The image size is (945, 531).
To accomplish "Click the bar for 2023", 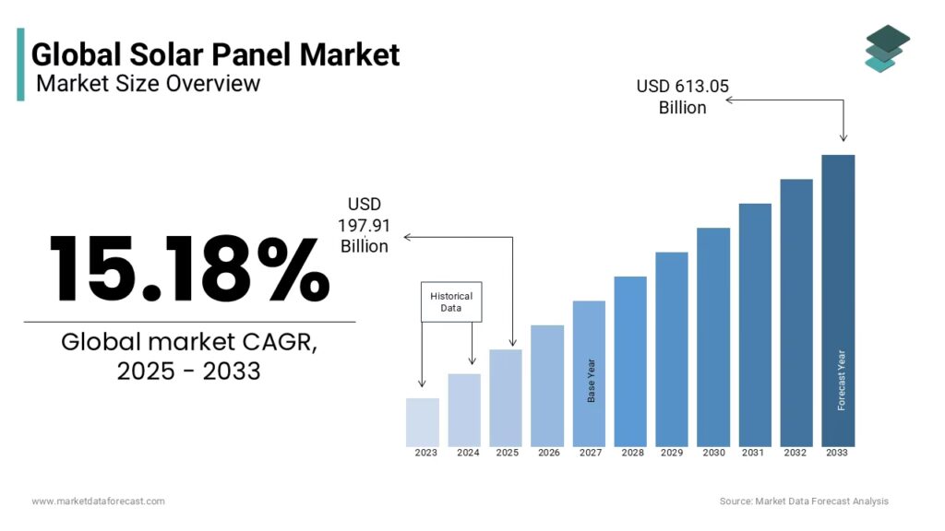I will click(423, 422).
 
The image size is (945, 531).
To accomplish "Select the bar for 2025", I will click(506, 397).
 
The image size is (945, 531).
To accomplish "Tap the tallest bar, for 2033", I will click(838, 300).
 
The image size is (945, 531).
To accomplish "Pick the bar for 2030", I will click(713, 336).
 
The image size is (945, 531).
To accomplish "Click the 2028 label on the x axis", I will click(632, 453).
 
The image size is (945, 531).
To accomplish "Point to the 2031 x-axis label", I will click(755, 453).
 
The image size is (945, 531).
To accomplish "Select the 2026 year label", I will click(548, 453).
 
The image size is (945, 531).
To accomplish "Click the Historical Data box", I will click(451, 301).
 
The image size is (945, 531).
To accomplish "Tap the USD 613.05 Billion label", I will click(682, 97).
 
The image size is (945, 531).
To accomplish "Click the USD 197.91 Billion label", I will click(364, 225).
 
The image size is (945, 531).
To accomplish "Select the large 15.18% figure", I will click(189, 268).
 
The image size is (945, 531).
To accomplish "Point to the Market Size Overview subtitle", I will click(149, 84).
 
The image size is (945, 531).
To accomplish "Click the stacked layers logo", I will click(887, 48).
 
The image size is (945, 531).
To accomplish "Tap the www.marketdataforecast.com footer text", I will click(98, 501).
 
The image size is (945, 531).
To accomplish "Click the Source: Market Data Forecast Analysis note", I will click(804, 501).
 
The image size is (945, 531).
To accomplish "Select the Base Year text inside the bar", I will click(592, 380).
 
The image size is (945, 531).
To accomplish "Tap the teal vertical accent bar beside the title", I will click(20, 64).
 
